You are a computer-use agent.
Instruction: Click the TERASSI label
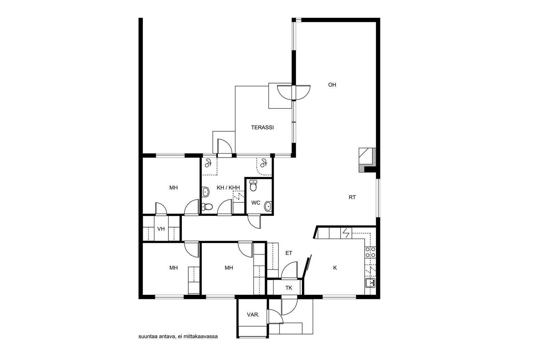262,128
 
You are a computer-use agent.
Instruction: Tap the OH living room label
332,85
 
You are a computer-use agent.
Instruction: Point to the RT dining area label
352,197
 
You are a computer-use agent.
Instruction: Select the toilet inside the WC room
253,185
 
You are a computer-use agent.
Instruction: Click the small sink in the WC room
268,206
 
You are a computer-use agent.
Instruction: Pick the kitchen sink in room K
370,283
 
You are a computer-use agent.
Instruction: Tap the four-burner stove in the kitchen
370,252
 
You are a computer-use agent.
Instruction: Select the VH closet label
161,229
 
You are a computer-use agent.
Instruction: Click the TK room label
289,288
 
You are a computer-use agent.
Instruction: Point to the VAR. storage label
253,315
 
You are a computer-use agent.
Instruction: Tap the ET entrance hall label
289,253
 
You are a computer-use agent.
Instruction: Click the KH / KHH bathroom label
228,188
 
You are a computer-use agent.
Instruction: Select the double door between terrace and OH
294,93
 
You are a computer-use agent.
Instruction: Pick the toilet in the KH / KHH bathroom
207,206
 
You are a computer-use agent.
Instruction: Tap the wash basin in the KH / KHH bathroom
206,192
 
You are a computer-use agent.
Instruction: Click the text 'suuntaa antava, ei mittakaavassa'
178,337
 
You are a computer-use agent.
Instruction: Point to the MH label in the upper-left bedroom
173,188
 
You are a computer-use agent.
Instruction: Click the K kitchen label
335,268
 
